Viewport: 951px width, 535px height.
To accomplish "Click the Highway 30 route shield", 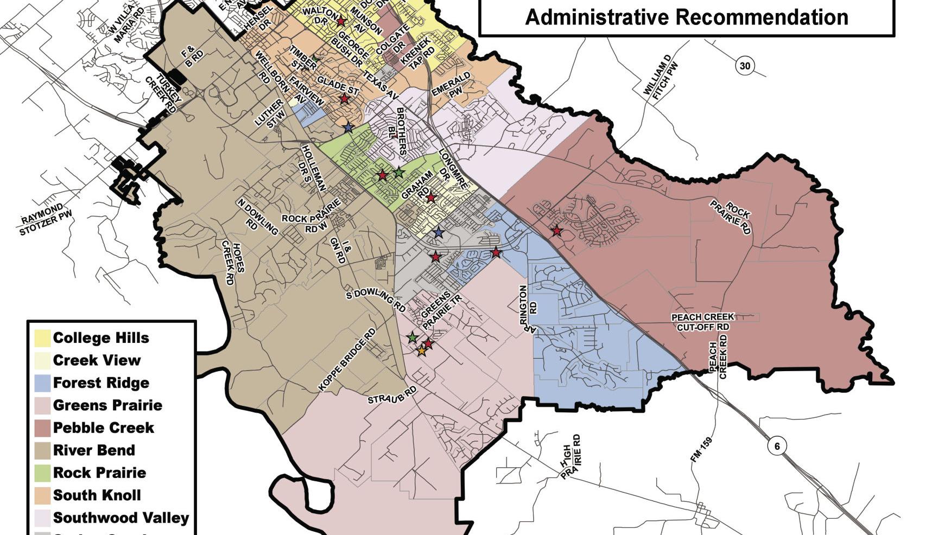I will click(x=745, y=66).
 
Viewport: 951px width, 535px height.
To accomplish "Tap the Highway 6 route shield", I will click(x=777, y=446).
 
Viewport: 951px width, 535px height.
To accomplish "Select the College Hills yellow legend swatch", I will click(x=43, y=338).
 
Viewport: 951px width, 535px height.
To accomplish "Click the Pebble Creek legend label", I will click(x=103, y=428).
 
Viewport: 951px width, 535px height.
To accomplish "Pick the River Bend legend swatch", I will click(x=43, y=450).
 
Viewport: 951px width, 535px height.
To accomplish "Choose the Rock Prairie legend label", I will click(x=99, y=473).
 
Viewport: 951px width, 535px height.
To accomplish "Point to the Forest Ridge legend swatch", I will click(x=43, y=383).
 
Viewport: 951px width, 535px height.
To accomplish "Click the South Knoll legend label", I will click(x=97, y=495).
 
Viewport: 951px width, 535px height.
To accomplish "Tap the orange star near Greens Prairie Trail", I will click(x=421, y=351).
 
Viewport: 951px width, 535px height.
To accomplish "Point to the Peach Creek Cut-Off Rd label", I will click(x=702, y=322).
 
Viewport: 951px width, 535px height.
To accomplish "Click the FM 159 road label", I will click(x=701, y=450).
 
